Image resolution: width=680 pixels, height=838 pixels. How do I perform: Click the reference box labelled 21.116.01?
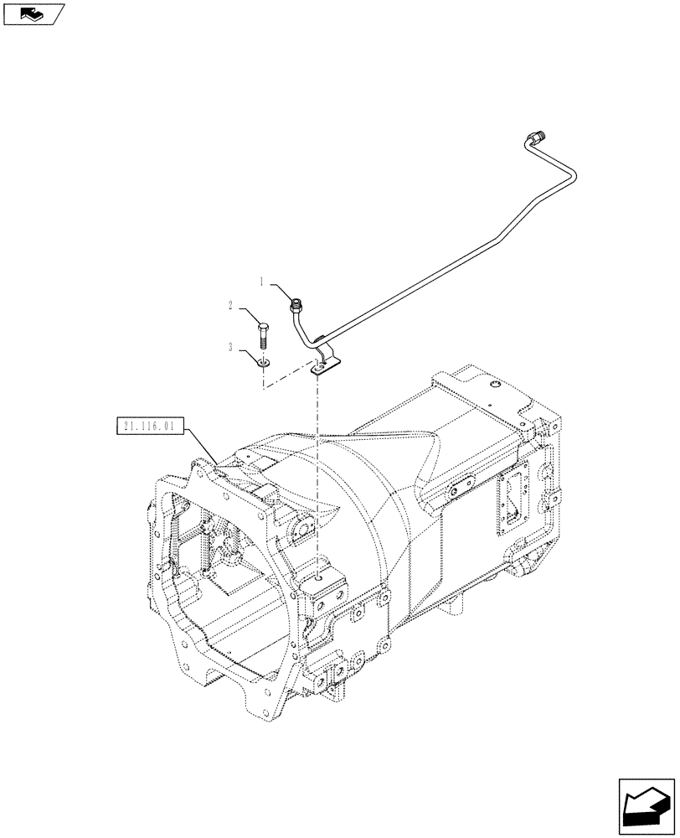click(147, 427)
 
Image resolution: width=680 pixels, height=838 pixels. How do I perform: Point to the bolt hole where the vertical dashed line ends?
click(319, 576)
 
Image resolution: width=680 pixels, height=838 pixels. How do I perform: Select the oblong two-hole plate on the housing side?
click(458, 492)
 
